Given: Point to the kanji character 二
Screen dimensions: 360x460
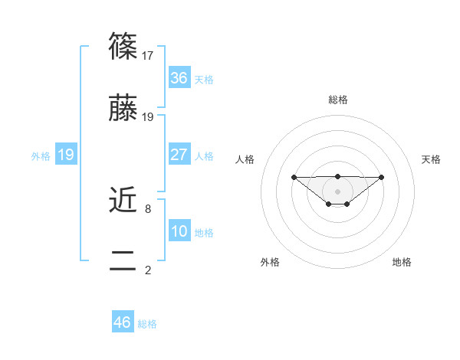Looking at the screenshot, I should pos(123,260).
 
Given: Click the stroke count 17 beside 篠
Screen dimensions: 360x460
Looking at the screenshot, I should pos(149,56).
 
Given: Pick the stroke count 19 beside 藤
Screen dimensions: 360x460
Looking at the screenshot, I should pos(149,117).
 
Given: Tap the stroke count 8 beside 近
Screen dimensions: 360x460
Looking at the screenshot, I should pos(147,208).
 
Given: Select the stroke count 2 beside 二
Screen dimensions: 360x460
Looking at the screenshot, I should pos(147,269).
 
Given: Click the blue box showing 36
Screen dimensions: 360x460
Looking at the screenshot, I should pos(179,78).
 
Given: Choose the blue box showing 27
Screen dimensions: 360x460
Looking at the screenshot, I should pos(179,155).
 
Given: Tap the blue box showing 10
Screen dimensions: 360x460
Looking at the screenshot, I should pos(179,231).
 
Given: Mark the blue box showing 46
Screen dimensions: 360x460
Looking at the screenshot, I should pos(123,322).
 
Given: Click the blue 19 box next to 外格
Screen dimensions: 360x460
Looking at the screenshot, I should pos(66,155).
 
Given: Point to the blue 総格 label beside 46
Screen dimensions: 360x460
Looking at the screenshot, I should pos(147,324).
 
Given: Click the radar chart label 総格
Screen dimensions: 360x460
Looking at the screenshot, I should pos(337,100).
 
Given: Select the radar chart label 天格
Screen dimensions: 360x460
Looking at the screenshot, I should pos(431,159).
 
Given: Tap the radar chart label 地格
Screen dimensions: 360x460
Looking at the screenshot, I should pos(402,262).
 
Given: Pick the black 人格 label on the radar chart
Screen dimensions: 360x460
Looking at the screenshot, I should pos(245,159).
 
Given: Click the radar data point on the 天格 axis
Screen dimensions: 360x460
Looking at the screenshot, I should pos(382,177).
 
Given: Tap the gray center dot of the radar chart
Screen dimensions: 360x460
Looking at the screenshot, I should pos(337,191).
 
